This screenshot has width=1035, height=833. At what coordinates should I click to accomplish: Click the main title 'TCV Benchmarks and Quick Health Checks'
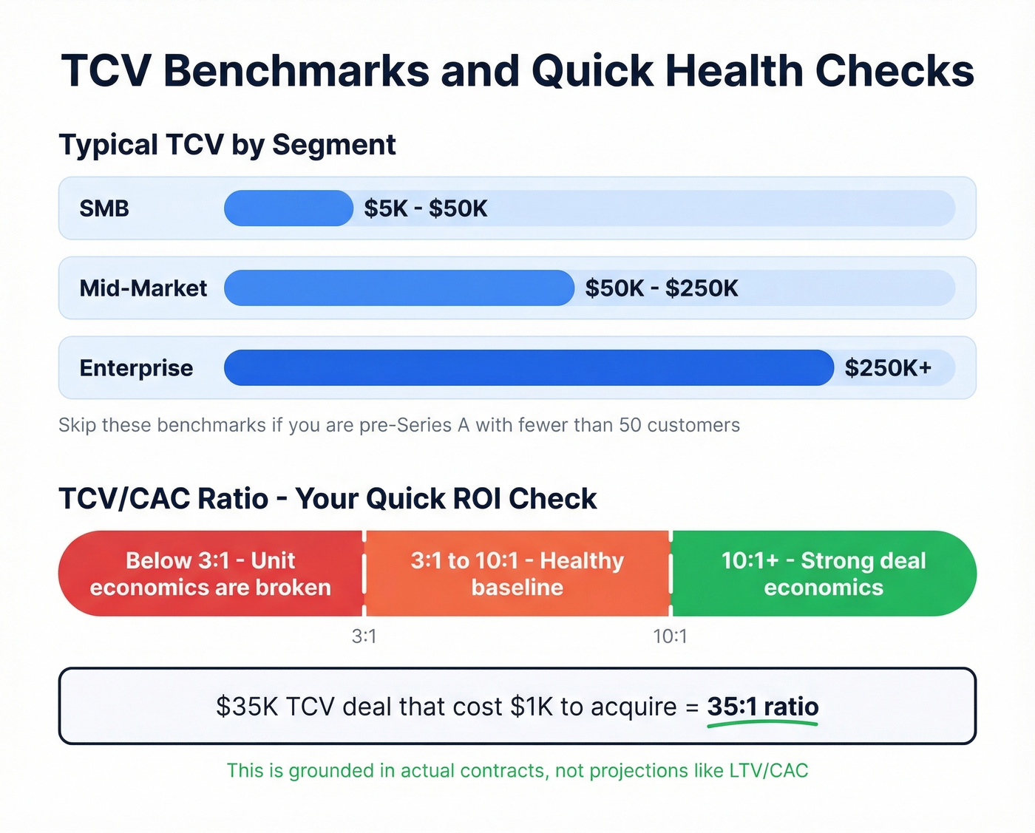click(517, 71)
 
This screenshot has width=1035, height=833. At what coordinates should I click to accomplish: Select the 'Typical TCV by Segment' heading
click(227, 145)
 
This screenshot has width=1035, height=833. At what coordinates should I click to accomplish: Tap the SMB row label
click(104, 208)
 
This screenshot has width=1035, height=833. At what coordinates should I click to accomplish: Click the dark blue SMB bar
click(288, 208)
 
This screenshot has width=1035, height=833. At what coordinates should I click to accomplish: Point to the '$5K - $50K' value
click(425, 208)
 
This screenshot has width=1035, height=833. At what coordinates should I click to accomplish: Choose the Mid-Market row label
click(143, 288)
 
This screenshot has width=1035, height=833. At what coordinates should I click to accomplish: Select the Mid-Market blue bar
click(399, 288)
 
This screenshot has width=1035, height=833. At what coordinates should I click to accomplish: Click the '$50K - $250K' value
click(662, 288)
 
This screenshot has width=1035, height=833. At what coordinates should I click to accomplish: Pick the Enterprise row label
click(136, 368)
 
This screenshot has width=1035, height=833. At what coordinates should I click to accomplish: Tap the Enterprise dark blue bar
click(529, 368)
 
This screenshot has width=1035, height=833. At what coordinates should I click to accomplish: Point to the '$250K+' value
click(888, 368)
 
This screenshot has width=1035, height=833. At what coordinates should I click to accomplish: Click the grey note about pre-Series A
click(399, 425)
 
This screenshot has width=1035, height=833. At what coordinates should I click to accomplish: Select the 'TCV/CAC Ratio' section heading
click(328, 499)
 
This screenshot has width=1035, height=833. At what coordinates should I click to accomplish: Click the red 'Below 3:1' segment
click(211, 574)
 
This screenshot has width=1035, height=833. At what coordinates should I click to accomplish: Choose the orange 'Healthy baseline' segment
click(517, 574)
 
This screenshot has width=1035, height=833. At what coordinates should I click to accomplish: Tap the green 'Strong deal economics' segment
click(824, 574)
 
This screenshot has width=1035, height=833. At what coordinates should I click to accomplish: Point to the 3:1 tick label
click(364, 636)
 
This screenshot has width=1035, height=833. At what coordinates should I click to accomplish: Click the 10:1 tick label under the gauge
click(670, 636)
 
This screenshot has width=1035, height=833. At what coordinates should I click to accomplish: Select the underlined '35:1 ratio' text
click(762, 707)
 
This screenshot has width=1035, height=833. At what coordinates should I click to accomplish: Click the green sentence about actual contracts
click(517, 771)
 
